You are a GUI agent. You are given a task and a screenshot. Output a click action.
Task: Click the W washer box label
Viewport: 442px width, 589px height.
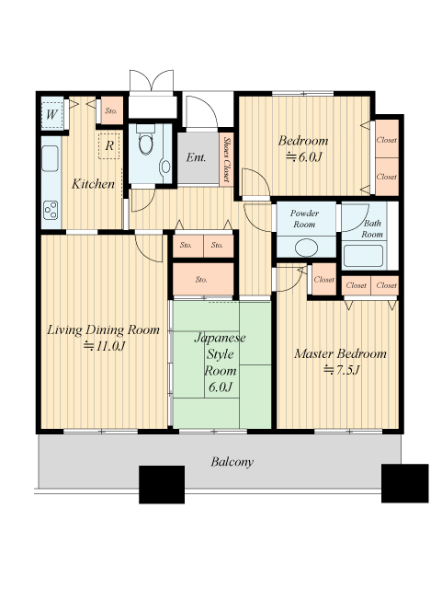(51, 114)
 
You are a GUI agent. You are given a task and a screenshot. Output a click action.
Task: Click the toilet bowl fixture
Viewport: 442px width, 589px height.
(145, 141)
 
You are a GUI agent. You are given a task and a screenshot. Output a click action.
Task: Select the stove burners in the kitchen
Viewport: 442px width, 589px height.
(51, 211)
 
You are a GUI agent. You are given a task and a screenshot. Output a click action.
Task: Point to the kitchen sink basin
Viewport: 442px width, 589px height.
(51, 158)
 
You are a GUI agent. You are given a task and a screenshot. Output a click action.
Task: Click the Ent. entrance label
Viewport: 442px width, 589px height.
(196, 157)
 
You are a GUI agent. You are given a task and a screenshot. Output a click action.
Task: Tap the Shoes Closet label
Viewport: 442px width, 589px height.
(226, 159)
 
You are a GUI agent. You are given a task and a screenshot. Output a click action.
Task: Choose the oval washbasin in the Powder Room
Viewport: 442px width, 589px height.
(306, 248)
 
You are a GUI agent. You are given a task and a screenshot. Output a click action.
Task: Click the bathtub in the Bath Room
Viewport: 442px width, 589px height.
(363, 256)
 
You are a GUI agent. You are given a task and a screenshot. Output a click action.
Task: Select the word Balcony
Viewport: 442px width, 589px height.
(232, 462)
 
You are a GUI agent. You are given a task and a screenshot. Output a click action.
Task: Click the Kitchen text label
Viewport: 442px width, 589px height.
(93, 184)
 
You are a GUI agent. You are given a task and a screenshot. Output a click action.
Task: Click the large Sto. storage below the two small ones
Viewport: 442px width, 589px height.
(203, 279)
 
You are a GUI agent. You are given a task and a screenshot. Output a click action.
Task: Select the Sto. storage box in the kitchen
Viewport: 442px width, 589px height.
(112, 110)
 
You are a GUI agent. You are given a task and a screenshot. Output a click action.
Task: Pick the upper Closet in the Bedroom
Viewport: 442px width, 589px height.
(387, 139)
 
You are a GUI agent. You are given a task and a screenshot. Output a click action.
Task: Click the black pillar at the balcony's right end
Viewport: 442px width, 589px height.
(405, 483)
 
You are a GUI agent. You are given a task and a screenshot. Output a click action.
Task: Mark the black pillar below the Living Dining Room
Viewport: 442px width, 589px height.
(162, 485)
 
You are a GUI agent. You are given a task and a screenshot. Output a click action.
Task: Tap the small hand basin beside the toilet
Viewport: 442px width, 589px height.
(164, 167)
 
